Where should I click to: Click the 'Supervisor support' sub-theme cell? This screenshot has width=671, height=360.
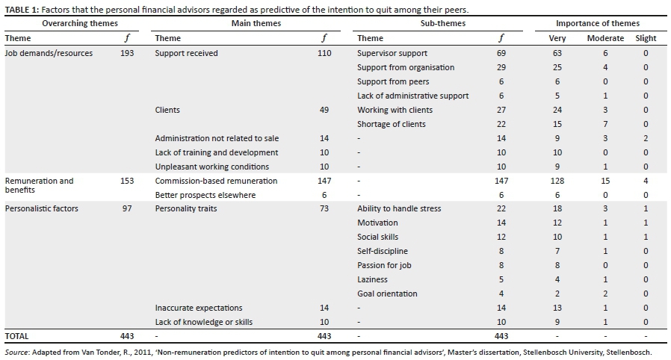point(392,53)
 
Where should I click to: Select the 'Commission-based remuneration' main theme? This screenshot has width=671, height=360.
point(216,181)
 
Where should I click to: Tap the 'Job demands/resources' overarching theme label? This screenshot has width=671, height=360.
point(49,53)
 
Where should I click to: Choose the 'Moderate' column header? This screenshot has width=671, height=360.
point(605,38)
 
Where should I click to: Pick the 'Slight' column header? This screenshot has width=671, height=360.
point(646,38)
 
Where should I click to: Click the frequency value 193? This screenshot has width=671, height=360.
point(127,53)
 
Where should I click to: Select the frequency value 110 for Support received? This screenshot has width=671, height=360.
point(324,53)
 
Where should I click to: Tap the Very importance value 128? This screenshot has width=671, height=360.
point(557,181)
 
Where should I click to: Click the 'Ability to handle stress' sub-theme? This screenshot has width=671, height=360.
point(399,208)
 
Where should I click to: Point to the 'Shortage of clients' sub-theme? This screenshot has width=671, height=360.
point(390,124)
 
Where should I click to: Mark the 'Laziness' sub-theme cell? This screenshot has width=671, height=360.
point(372,279)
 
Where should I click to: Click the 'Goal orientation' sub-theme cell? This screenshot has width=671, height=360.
point(387,294)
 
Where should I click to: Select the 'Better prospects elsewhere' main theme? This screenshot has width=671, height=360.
point(205,195)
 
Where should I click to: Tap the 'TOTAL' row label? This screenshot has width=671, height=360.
point(17,336)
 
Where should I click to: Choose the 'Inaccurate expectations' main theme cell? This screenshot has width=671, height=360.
point(199,308)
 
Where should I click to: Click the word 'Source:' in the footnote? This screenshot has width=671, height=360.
point(18,352)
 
